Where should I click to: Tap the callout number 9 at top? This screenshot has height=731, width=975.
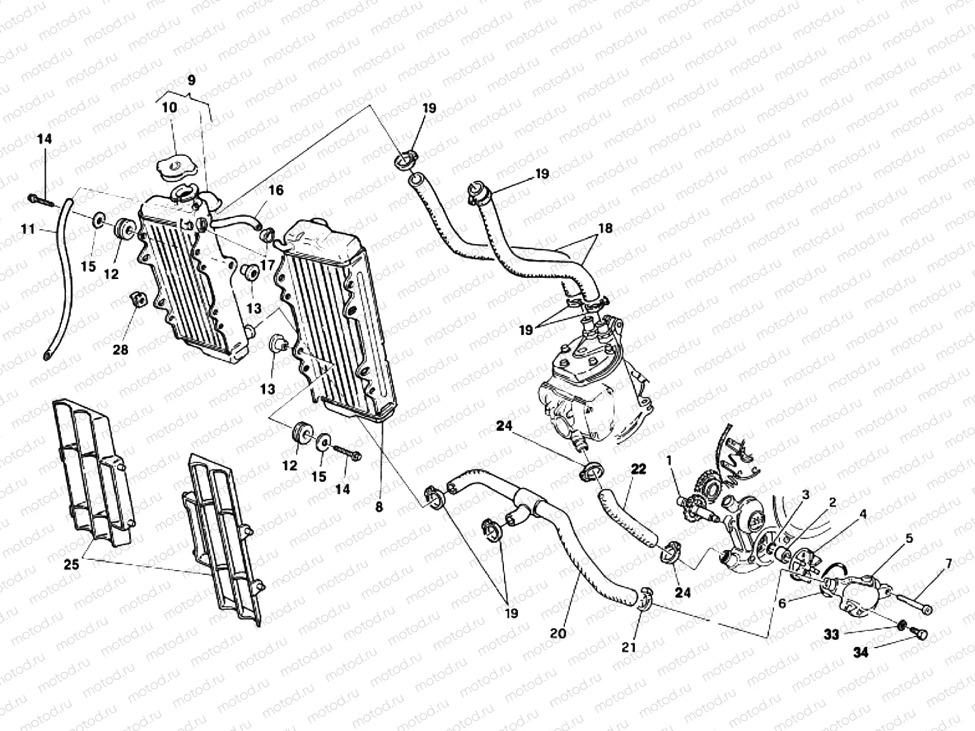click(x=191, y=80)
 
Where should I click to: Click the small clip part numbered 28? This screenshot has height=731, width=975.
click(x=138, y=300)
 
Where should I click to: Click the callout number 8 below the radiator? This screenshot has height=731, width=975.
click(x=379, y=506)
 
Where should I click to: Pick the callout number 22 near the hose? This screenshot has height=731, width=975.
click(x=637, y=470)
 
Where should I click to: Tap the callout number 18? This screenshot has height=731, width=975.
click(x=605, y=229)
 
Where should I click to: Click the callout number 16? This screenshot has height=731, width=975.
click(x=275, y=190)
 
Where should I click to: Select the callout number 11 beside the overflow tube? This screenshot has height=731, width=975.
click(x=28, y=230)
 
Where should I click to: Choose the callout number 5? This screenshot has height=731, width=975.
click(x=909, y=538)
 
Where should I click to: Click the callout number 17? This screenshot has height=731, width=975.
click(x=266, y=249)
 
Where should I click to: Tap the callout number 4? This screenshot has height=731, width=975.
click(x=863, y=514)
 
